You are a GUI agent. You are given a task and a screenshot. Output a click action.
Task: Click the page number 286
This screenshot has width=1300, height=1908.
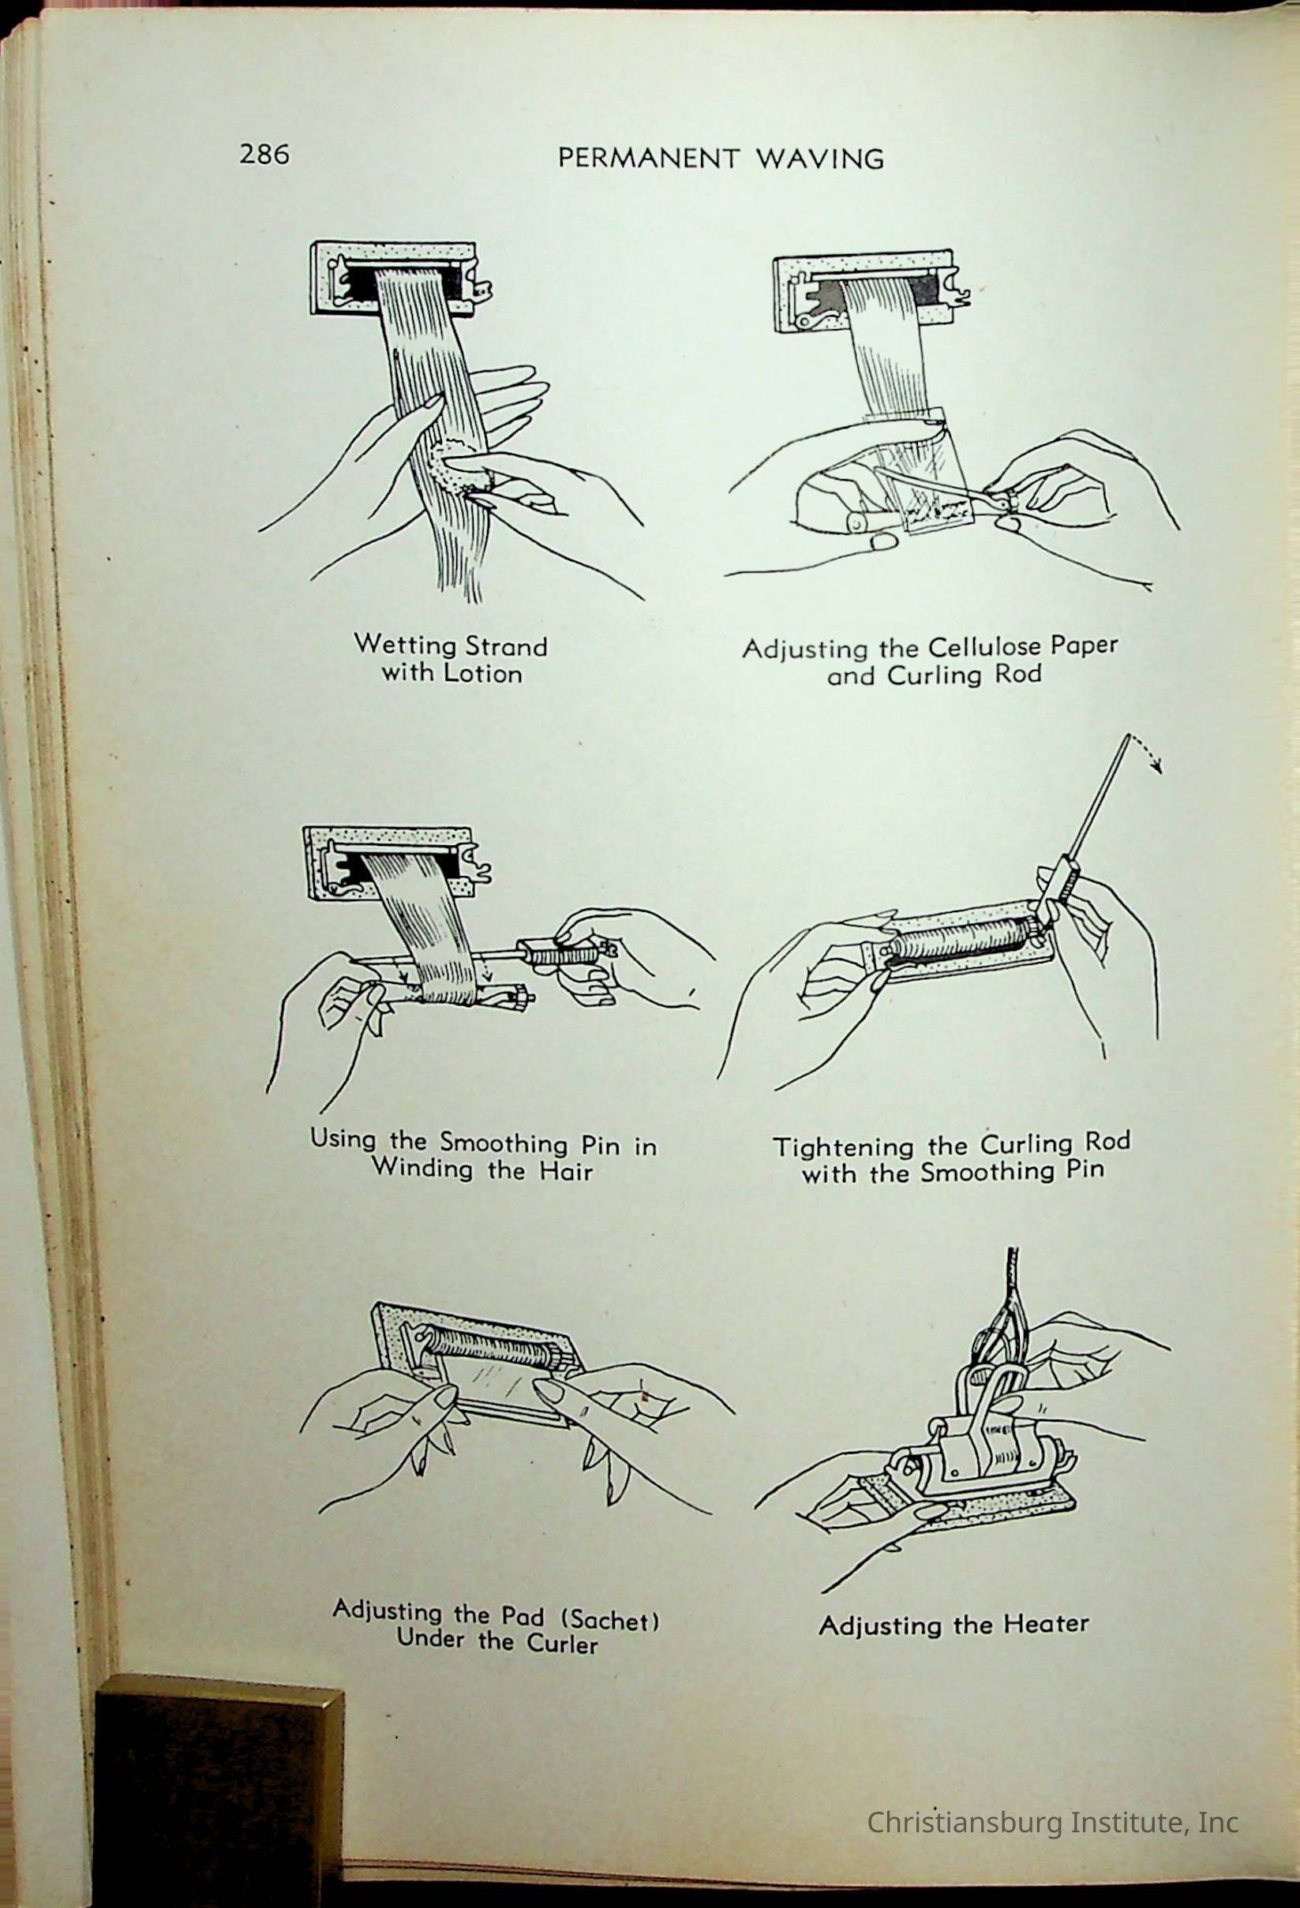click(264, 154)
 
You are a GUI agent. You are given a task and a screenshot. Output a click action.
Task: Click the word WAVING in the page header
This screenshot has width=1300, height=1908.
click(819, 159)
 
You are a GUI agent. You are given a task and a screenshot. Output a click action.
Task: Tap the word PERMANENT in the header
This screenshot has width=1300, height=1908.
click(648, 158)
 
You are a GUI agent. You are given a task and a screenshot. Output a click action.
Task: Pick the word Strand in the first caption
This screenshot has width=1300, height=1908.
click(506, 646)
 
